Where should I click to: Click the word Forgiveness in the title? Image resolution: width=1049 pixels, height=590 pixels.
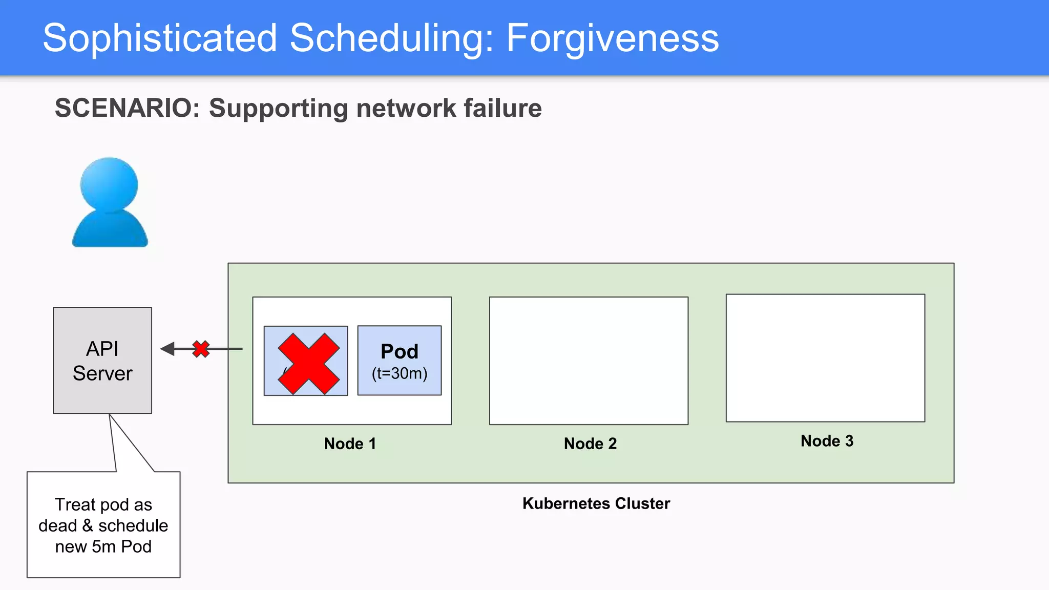(x=612, y=38)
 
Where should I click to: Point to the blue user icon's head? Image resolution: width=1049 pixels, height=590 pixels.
(x=109, y=184)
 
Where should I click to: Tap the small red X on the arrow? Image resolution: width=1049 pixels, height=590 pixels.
(x=201, y=349)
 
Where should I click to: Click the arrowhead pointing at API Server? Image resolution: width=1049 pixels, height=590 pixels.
(x=167, y=349)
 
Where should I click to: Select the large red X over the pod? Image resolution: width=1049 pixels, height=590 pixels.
(x=308, y=364)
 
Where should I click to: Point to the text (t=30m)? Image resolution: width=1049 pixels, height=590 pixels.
(x=400, y=373)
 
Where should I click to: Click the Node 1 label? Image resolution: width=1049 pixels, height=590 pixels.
(x=350, y=444)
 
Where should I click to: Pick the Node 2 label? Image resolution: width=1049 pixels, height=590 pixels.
(x=590, y=444)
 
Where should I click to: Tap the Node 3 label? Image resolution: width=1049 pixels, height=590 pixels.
(x=827, y=441)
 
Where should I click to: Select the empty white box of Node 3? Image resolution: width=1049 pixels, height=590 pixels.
(x=825, y=358)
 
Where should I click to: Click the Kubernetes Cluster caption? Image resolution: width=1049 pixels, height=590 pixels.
(x=596, y=503)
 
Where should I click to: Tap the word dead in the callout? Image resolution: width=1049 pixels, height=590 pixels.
(x=57, y=526)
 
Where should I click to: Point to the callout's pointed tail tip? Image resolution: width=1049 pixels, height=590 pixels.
(x=110, y=415)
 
